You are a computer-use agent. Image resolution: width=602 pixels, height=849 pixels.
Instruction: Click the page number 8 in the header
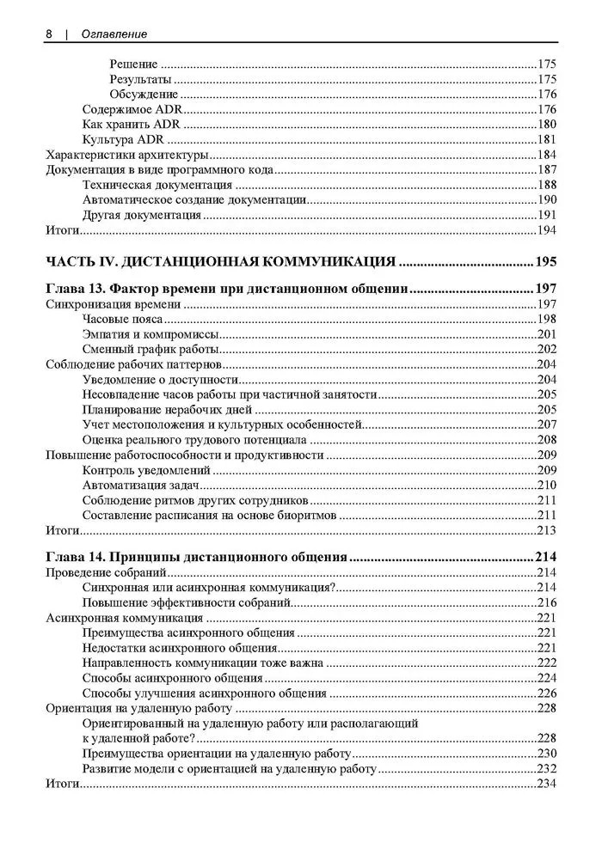pyautogui.click(x=50, y=34)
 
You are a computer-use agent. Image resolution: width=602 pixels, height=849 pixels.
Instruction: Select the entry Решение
pyautogui.click(x=133, y=64)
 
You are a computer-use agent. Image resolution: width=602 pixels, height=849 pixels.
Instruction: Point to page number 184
pyautogui.click(x=546, y=155)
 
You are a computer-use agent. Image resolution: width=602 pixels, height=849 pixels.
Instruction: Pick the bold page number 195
pyautogui.click(x=545, y=261)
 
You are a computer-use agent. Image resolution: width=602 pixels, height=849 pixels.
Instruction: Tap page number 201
pyautogui.click(x=547, y=334)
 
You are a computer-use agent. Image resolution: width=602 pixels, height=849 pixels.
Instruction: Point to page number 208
pyautogui.click(x=547, y=439)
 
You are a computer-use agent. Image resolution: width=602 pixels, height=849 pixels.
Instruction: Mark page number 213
pyautogui.click(x=547, y=529)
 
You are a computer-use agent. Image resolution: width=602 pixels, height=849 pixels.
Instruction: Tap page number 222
pyautogui.click(x=547, y=663)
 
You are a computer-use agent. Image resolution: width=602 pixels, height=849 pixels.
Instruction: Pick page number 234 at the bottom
pyautogui.click(x=547, y=784)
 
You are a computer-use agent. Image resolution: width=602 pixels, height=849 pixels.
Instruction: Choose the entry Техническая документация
pyautogui.click(x=157, y=185)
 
